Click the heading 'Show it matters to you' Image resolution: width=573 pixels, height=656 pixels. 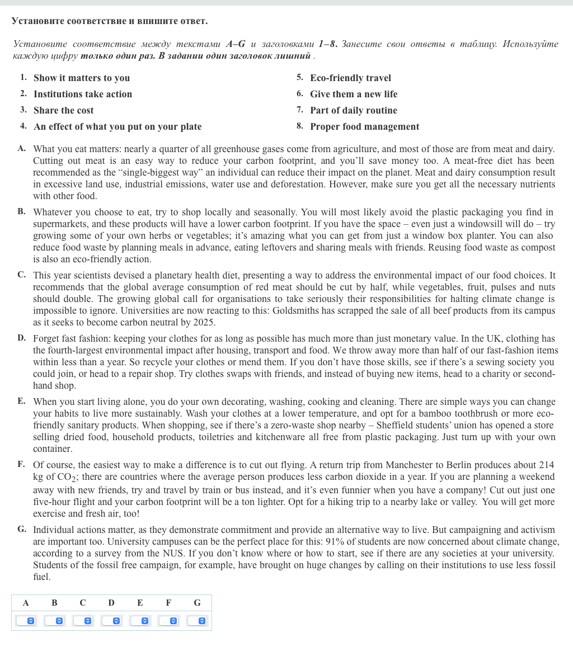pyautogui.click(x=82, y=78)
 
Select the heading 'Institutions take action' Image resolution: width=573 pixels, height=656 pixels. pyautogui.click(x=83, y=94)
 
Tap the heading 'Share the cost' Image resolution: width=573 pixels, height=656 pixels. pyautogui.click(x=64, y=110)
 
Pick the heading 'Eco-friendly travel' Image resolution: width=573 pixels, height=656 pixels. pyautogui.click(x=350, y=78)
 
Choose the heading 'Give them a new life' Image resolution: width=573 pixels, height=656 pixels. pyautogui.click(x=354, y=94)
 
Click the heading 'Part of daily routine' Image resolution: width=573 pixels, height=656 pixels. pyautogui.click(x=354, y=110)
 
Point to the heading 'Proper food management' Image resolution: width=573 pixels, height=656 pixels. pyautogui.click(x=364, y=126)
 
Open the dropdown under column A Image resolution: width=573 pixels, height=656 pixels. pyautogui.click(x=26, y=621)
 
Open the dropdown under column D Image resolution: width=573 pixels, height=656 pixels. pyautogui.click(x=111, y=621)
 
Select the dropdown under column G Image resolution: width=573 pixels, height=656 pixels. pyautogui.click(x=197, y=621)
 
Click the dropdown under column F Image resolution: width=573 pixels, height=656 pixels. pyautogui.click(x=168, y=621)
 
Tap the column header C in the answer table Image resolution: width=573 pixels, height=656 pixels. pyautogui.click(x=83, y=603)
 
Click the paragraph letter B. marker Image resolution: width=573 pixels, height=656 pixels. pyautogui.click(x=21, y=211)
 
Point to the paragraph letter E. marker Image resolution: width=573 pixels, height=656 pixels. pyautogui.click(x=21, y=401)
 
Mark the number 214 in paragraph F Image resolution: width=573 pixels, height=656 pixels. pyautogui.click(x=546, y=465)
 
